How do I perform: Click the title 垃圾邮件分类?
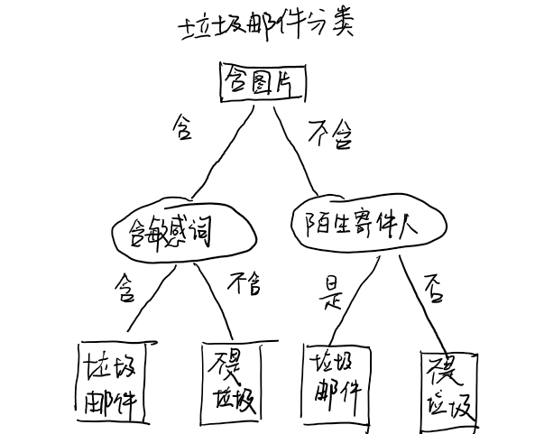click(x=267, y=25)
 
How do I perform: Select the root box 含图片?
click(x=263, y=83)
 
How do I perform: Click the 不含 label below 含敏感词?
click(x=244, y=284)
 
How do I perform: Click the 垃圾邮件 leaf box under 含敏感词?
click(x=112, y=382)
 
